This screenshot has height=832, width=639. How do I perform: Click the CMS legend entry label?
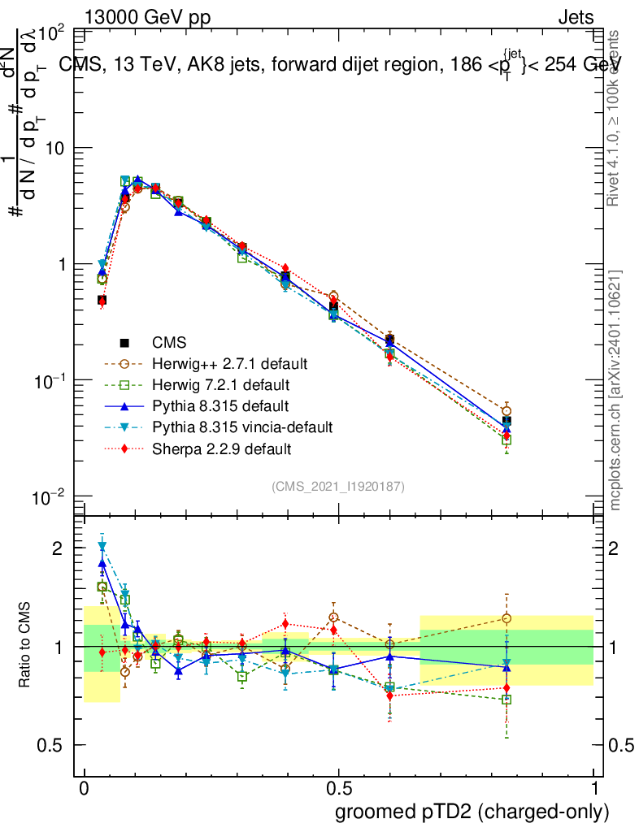point(169,342)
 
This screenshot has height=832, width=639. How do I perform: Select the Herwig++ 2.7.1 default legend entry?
point(229,363)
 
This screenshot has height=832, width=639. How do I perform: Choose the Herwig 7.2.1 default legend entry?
point(220,384)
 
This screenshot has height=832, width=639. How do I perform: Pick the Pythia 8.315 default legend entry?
point(220,405)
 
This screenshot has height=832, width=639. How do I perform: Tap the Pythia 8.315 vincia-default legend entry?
point(242,427)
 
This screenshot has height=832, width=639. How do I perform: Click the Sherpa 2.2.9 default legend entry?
point(221,448)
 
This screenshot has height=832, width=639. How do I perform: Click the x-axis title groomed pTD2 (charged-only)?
point(472,812)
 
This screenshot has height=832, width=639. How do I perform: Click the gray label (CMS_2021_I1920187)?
point(338,486)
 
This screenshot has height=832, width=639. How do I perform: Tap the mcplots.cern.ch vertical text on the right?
point(616,390)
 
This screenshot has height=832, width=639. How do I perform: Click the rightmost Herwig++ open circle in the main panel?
point(506,410)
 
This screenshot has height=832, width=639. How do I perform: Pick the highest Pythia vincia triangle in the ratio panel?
point(102,547)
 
